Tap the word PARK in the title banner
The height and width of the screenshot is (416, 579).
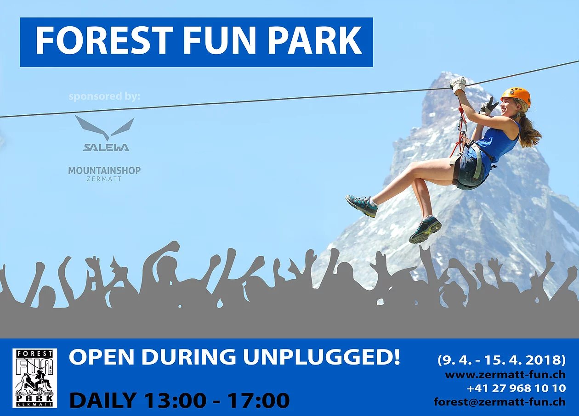[x=315, y=41]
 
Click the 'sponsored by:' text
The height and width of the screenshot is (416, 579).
[x=104, y=97]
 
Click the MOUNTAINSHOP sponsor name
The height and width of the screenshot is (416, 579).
[x=104, y=171]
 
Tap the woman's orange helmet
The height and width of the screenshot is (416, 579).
[x=517, y=95]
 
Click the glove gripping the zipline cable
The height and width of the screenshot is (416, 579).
[x=458, y=84]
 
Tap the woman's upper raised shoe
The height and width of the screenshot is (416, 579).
[x=362, y=205]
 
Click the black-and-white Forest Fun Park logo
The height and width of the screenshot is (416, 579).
[x=35, y=378]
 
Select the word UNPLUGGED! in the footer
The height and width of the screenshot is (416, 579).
[x=321, y=358]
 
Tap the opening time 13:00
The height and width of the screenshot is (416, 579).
[x=174, y=400]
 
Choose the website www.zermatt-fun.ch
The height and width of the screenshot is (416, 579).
[x=505, y=374]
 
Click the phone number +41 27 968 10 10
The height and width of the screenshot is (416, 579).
[x=516, y=388]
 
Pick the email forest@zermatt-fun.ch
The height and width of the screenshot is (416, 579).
[x=500, y=402]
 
